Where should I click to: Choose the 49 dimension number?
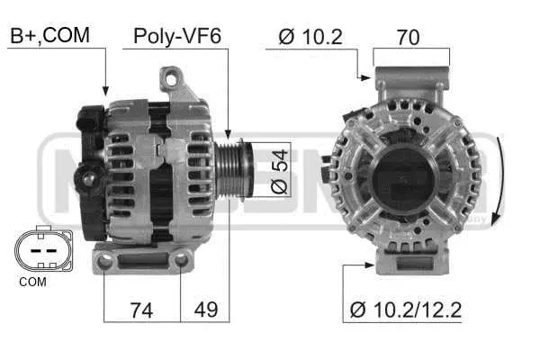pos(205,310)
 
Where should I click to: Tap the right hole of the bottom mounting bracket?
pos(181,260)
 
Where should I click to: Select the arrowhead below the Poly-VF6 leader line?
pos(229,134)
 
